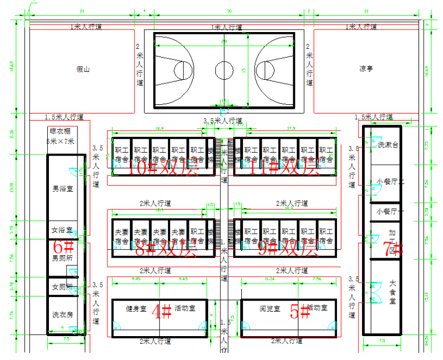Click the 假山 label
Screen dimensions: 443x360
[83, 69]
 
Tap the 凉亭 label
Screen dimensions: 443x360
[366, 69]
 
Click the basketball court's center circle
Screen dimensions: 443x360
[223, 70]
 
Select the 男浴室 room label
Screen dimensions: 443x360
[62, 189]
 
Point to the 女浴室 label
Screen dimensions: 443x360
[61, 230]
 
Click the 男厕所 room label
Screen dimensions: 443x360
[62, 257]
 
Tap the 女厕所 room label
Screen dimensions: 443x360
[62, 287]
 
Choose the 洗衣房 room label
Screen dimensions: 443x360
[62, 315]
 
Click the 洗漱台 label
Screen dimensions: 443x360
[388, 144]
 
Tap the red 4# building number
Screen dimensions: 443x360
[161, 312]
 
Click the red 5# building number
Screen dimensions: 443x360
[301, 312]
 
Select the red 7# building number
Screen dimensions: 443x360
[392, 249]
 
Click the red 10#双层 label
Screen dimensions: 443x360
[156, 168]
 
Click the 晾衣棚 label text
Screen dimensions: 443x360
[60, 132]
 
